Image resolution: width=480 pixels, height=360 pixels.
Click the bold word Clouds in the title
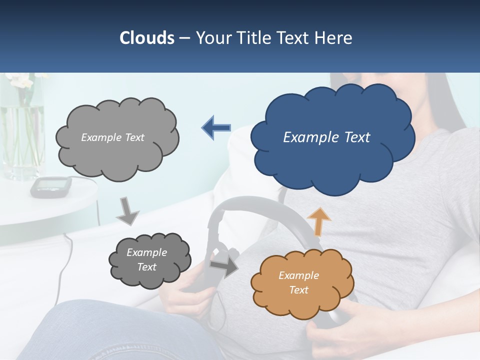coord(146,38)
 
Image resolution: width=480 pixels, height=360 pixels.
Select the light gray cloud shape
coord(117,137)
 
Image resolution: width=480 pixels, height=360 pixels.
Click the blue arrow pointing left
coord(216,127)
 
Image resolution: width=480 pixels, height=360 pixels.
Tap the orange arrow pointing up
coord(318,221)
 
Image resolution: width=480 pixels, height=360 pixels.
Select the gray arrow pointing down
coord(127,212)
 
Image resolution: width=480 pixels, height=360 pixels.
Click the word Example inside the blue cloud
coord(306,137)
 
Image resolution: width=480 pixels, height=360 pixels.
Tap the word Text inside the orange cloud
coord(299,290)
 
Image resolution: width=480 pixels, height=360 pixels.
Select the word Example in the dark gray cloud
coord(146,252)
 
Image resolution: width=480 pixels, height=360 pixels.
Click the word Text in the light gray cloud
coord(133,137)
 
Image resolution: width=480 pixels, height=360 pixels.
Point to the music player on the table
coord(50,186)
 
